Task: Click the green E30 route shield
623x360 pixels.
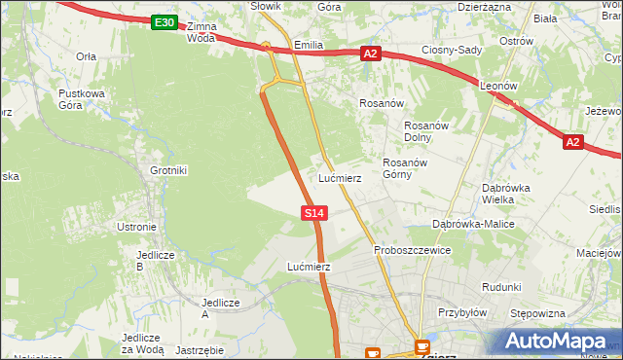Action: coord(165,22)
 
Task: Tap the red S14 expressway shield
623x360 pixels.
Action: coord(313,212)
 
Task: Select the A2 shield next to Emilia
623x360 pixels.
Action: coord(370,54)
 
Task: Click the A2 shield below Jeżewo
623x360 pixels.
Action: coord(572,143)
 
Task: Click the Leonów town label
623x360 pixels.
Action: coord(497,86)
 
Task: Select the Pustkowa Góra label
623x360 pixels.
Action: coord(81,99)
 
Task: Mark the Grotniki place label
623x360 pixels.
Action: coord(167,170)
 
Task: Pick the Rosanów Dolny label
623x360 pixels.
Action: coord(424,130)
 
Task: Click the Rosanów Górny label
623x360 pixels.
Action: coord(405,168)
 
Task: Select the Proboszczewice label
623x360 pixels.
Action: coord(413,250)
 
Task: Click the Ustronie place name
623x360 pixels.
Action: coord(136,227)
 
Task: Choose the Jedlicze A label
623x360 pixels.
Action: coord(219,308)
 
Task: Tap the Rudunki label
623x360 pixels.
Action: coord(501,287)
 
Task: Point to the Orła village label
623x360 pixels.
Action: coord(86,56)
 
